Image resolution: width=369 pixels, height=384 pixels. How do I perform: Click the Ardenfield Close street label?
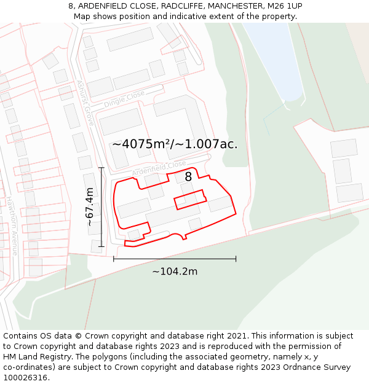coord(158,167)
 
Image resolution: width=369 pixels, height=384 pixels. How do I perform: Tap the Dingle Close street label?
coord(124,99)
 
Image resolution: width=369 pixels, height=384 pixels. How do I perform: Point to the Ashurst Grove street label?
coord(85,103)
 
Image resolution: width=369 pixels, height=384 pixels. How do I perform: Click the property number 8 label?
coord(188,177)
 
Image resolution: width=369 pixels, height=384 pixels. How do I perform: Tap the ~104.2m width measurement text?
coord(175,271)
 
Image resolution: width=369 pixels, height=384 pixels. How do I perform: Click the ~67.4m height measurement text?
coord(90,207)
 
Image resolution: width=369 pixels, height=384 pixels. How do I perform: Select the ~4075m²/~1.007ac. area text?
coord(175,144)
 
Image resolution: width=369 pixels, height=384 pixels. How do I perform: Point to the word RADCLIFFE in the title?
coord(182,6)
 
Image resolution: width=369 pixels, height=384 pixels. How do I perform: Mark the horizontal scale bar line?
coord(175,259)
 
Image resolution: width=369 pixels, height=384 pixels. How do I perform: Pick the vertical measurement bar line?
coord(101,207)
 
